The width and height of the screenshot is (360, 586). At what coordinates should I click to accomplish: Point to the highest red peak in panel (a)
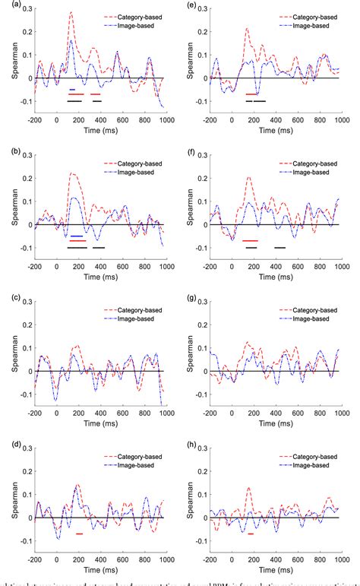click(71, 13)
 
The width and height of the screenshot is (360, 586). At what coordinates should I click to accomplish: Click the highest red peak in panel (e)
click(247, 29)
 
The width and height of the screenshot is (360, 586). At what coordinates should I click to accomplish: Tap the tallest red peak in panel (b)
click(72, 173)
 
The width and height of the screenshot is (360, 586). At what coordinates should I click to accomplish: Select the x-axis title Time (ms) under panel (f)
click(267, 278)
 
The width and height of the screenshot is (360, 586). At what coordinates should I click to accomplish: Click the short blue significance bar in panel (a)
click(72, 90)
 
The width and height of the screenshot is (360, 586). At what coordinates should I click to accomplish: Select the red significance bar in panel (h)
click(251, 534)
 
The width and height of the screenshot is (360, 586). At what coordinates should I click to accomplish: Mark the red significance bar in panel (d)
click(79, 534)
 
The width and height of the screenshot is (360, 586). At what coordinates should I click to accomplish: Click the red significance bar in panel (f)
click(251, 241)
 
